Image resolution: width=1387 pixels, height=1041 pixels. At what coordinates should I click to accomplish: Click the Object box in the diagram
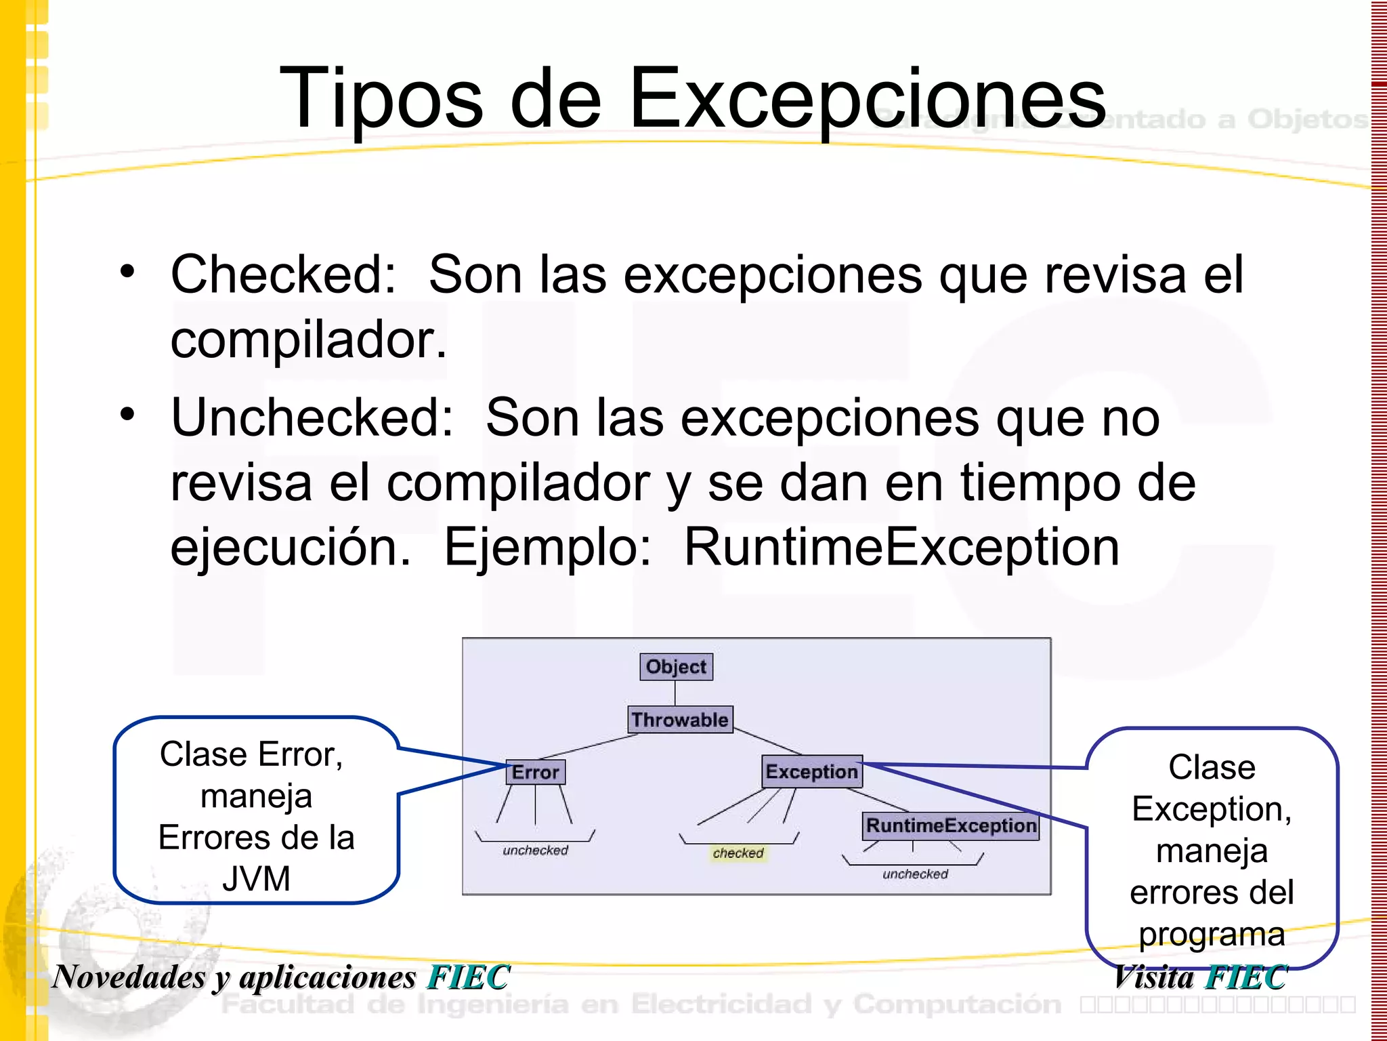tap(676, 667)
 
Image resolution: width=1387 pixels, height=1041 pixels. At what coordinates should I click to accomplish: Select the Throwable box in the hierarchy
tap(680, 720)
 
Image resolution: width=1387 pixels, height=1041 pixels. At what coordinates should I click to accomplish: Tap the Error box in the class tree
tap(535, 772)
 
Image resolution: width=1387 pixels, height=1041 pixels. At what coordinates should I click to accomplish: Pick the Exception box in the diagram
tap(811, 772)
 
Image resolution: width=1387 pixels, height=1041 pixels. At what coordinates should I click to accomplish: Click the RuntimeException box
tap(951, 825)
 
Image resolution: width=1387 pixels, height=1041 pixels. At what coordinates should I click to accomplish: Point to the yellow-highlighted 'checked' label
tap(738, 853)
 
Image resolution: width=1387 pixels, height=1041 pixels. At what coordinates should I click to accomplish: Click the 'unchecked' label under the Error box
tap(535, 851)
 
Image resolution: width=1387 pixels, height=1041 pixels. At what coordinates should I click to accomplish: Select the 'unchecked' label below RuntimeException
tap(915, 874)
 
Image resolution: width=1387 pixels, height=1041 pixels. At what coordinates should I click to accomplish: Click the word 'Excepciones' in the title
tap(868, 98)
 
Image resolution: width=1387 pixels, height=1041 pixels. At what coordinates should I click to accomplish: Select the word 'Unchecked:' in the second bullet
tap(312, 417)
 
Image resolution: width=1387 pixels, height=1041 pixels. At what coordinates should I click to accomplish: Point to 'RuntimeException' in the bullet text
tap(901, 548)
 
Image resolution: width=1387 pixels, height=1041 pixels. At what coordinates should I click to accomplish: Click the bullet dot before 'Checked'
tap(127, 272)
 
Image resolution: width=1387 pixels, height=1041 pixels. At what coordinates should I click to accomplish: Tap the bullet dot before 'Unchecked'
tap(127, 414)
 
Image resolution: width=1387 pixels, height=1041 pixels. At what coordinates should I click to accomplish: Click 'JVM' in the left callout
tap(256, 879)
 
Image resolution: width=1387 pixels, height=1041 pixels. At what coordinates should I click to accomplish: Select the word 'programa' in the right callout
tap(1212, 935)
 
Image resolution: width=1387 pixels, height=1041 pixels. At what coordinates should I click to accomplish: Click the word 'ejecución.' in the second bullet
tap(291, 548)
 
